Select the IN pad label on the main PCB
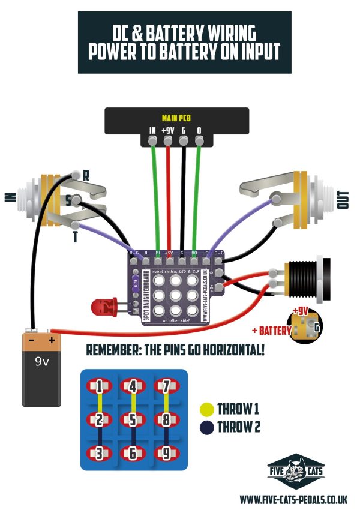click(152, 130)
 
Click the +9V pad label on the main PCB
click(168, 130)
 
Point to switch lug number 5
click(133, 419)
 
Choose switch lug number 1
click(99, 386)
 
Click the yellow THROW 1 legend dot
click(206, 410)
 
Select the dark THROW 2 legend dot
click(206, 427)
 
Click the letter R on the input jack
click(86, 176)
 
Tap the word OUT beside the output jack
click(344, 200)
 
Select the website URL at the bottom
click(294, 499)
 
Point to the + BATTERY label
click(271, 331)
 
